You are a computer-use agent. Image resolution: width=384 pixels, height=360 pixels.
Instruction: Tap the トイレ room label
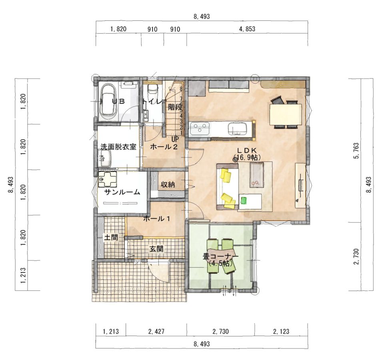click(x=152, y=101)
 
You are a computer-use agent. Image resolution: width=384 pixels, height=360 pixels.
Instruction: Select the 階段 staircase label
click(x=175, y=107)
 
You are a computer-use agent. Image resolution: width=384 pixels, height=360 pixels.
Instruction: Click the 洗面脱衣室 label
click(x=118, y=147)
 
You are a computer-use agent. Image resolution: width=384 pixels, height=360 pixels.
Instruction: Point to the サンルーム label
click(x=122, y=192)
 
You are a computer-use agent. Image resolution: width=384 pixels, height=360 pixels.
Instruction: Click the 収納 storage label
click(x=168, y=185)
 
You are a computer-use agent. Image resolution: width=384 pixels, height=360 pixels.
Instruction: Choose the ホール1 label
click(x=156, y=219)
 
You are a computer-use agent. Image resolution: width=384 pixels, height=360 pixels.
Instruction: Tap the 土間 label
click(x=111, y=237)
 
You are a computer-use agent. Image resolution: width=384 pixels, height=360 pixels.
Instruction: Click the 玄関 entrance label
click(x=156, y=249)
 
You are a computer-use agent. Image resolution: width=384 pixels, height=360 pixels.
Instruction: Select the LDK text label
click(x=247, y=150)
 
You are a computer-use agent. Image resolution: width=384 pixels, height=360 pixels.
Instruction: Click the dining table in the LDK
click(x=286, y=114)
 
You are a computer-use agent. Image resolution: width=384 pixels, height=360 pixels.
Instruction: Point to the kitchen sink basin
click(x=238, y=129)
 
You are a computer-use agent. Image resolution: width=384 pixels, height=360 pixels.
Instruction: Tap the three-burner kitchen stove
click(x=200, y=129)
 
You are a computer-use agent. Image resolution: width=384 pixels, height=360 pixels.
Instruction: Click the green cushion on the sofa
click(x=244, y=200)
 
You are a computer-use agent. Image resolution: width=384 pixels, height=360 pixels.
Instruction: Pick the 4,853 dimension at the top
click(x=247, y=29)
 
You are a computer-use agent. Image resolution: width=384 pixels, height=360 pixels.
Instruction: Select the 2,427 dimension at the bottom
click(x=156, y=331)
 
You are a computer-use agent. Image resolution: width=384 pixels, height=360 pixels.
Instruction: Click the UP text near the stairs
click(x=175, y=139)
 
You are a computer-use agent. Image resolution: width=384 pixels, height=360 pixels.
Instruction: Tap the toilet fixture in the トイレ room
click(x=152, y=90)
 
